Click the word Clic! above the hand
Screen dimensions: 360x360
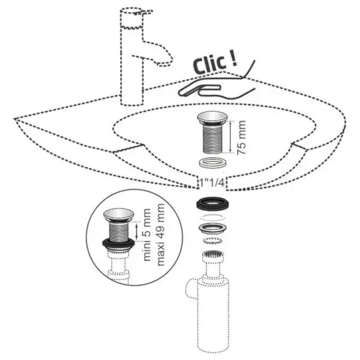(x=215, y=63)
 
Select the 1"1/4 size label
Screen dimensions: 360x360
(x=212, y=183)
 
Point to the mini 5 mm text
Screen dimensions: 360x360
(x=147, y=235)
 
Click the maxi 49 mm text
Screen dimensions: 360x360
(x=160, y=235)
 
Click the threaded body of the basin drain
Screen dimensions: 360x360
(x=212, y=139)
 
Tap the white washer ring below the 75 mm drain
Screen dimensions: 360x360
(x=212, y=163)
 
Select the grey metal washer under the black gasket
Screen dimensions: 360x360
(x=212, y=229)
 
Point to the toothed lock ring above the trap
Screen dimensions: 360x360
(x=213, y=241)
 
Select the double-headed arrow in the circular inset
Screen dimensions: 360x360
(x=137, y=232)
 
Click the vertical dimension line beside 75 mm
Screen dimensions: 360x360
(x=231, y=136)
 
